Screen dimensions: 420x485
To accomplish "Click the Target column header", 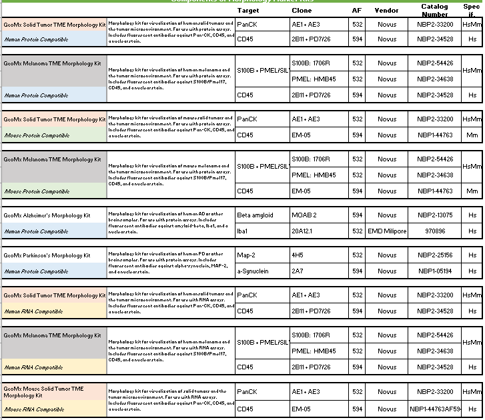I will tap(248, 11).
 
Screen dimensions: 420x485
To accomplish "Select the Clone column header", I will tap(302, 11).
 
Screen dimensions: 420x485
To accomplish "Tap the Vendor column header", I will tap(387, 11).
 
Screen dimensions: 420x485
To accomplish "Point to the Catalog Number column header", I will tap(435, 10).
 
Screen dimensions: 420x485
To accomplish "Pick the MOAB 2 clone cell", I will tap(304, 215).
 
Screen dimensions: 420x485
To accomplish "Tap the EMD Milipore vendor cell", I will tap(387, 231).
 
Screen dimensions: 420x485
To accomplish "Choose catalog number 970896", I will tap(435, 231).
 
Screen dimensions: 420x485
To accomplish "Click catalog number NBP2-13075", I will tap(435, 215).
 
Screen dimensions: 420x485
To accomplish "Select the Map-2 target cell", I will tap(246, 255).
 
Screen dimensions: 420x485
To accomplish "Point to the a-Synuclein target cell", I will tap(253, 271).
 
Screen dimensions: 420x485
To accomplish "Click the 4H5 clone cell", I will tap(298, 255).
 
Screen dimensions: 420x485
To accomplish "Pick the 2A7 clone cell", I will tap(298, 271).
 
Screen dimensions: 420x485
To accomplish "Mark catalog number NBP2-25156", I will tap(435, 255).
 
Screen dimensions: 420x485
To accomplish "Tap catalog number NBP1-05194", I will tap(435, 271).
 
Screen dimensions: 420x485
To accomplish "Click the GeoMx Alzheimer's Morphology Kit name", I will tap(47, 215).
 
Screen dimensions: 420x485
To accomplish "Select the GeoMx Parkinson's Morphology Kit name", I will tap(47, 255).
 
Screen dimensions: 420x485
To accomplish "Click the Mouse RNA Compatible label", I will tap(33, 409).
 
